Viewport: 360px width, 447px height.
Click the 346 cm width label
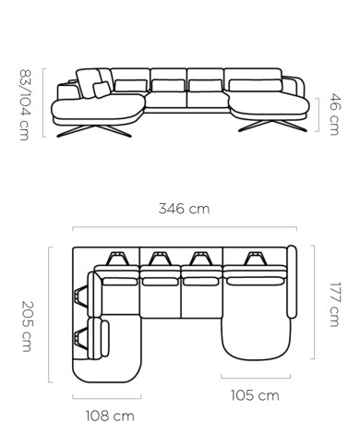click(184, 209)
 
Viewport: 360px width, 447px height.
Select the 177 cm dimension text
click(334, 304)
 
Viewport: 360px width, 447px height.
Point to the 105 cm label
click(255, 395)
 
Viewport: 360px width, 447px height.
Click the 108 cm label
click(110, 416)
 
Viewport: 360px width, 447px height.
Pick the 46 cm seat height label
click(335, 115)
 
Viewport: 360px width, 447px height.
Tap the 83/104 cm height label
click(25, 104)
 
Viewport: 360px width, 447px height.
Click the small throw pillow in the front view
click(102, 90)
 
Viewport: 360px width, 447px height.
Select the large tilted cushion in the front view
click(89, 83)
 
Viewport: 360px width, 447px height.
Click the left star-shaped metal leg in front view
click(94, 131)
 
